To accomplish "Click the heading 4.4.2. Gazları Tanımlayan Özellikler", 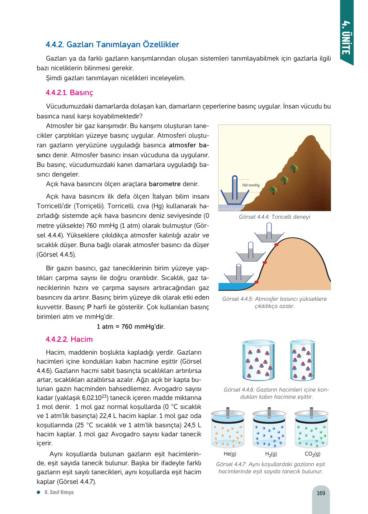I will (x=112, y=44).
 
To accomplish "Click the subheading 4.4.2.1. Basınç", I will (x=69, y=93).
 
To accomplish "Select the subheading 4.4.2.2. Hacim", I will (x=69, y=339).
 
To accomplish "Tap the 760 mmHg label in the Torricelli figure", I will (x=251, y=185).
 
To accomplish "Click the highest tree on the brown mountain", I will (x=293, y=168).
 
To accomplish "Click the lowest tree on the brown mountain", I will (x=273, y=190).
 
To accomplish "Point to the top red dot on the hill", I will (x=276, y=245).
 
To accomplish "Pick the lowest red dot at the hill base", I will (x=257, y=282).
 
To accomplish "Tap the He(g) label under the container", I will (x=230, y=454).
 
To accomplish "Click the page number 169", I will (x=321, y=493).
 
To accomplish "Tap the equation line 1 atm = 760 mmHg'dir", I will (x=131, y=327).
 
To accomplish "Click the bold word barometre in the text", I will (x=165, y=184).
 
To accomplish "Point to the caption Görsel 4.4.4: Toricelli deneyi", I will (x=274, y=217).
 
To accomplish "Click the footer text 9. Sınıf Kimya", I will (x=59, y=492).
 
